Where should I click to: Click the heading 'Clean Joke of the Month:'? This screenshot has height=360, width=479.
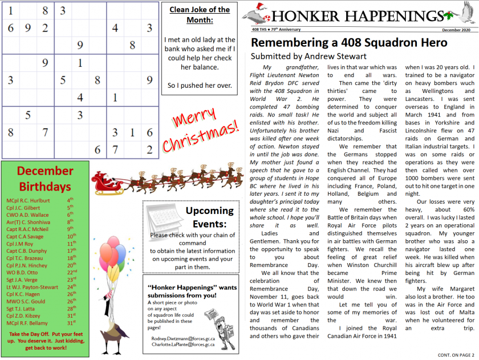(200, 15)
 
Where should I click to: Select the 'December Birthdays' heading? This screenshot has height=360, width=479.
(45, 179)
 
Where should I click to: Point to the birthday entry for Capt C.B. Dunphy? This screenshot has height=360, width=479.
(27, 250)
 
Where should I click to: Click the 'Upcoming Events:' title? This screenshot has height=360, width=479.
(210, 218)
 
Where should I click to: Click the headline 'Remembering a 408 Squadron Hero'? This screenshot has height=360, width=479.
(349, 43)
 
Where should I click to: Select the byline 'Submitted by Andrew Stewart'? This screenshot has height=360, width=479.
(308, 56)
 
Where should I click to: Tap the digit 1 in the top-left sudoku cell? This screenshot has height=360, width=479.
(10, 10)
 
